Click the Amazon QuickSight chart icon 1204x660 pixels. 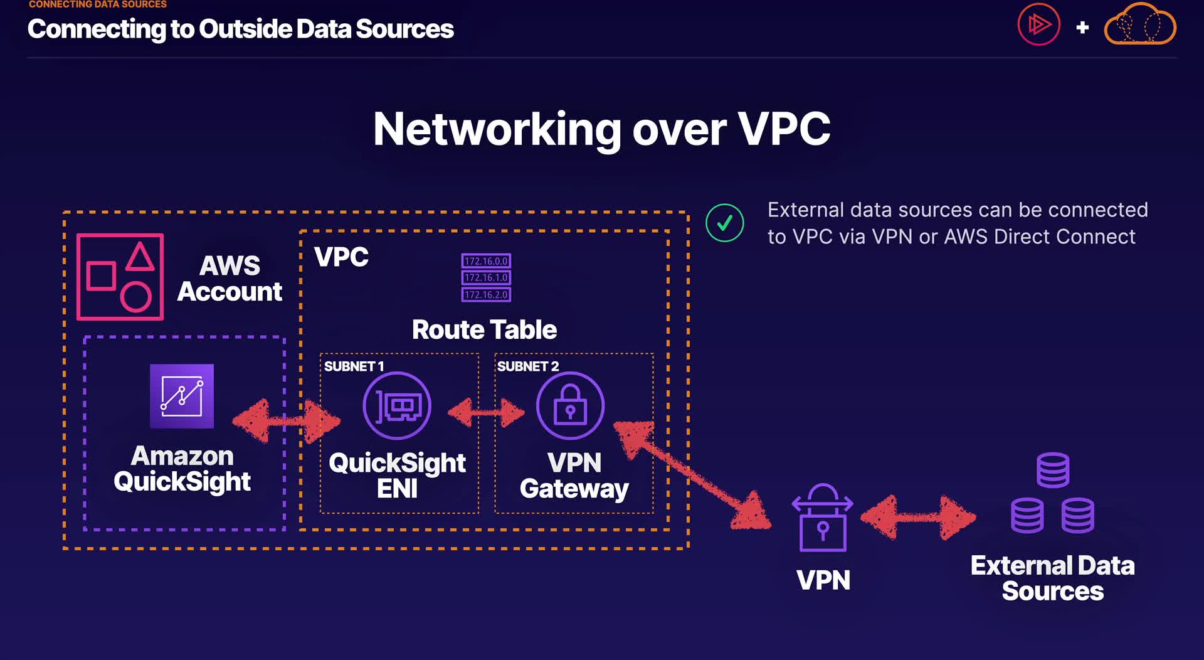[182, 397]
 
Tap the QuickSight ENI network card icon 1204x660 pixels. [397, 406]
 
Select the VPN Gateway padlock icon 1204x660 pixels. [570, 406]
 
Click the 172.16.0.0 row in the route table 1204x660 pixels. [486, 261]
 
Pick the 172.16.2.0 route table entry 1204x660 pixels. [486, 294]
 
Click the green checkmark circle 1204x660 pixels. [725, 223]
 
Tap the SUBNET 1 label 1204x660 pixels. [354, 366]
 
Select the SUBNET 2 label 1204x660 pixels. [527, 366]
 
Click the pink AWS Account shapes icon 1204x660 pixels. [120, 277]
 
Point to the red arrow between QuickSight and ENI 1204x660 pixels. [287, 422]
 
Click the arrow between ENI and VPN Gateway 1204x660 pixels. [486, 412]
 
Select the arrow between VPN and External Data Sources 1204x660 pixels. [918, 518]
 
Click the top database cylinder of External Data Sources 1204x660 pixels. [1053, 470]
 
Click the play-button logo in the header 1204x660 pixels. [1038, 25]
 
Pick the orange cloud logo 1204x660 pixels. [1140, 25]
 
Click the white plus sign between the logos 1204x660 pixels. [1082, 28]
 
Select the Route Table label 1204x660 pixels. [484, 330]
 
